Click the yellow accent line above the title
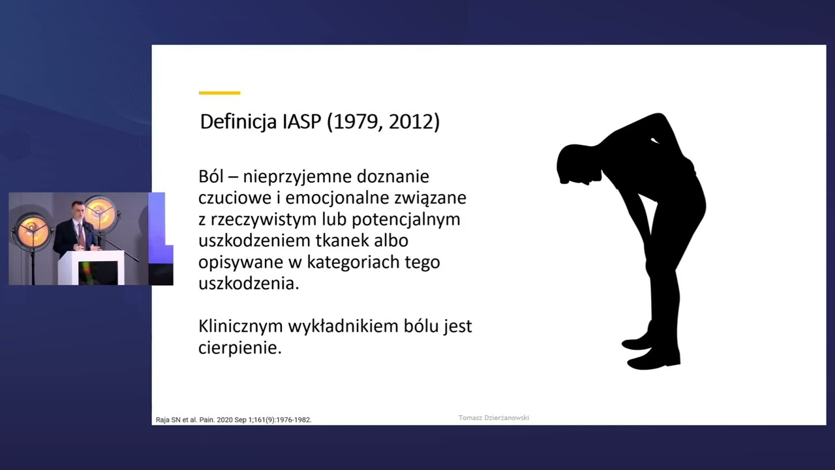tap(219, 93)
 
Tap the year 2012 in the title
tap(410, 122)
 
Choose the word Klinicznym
tap(241, 326)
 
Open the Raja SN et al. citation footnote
tap(234, 420)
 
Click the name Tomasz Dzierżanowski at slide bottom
tap(493, 418)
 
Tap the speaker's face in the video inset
tap(79, 212)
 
